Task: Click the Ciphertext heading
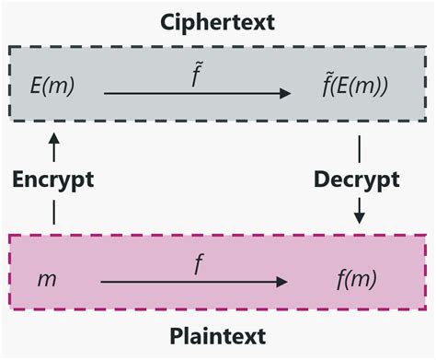point(218,19)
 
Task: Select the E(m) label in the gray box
point(52,87)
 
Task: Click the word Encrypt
point(53,179)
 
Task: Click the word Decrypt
point(359,179)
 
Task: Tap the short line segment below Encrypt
point(53,211)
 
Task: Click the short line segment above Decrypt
point(359,147)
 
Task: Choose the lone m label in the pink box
point(46,276)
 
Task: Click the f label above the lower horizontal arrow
point(198,261)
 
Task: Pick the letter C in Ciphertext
point(167,19)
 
